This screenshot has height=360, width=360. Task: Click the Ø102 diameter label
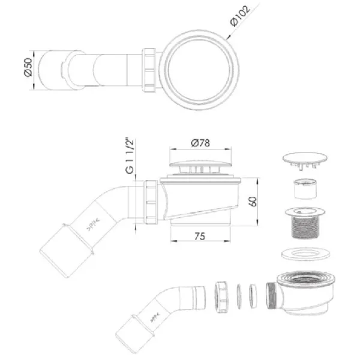(x=240, y=16)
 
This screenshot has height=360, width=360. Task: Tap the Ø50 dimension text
(x=28, y=67)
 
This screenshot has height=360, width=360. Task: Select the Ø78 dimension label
(x=200, y=143)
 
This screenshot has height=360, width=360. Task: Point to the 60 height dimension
(x=253, y=202)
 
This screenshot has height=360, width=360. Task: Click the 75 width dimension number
(x=200, y=236)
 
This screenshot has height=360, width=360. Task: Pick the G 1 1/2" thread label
(x=130, y=156)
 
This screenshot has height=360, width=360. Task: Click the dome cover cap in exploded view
(x=305, y=160)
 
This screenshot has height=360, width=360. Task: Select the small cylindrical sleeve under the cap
(x=305, y=189)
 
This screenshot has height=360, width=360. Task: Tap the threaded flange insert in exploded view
(x=305, y=223)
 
